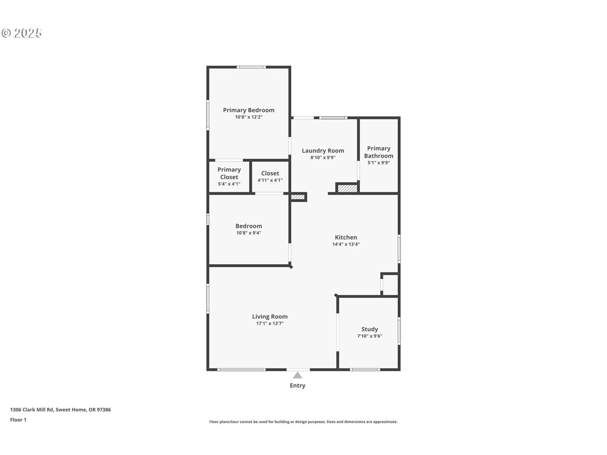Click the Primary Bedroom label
coord(248,110)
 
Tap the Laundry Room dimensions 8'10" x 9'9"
coord(323,157)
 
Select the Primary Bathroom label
coord(379,152)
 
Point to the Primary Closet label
coord(229,173)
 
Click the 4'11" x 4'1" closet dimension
coord(270,180)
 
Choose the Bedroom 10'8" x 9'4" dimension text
coord(248,233)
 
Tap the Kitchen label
coord(346,237)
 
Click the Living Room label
coord(270,317)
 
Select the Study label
coord(370,329)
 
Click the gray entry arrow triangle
coord(297,375)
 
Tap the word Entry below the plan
coord(297,386)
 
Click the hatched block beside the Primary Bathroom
coord(348,188)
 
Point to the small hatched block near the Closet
coord(298,197)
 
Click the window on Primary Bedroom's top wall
coord(251,67)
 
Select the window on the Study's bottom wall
coord(365,370)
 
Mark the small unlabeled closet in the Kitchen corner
coord(390,285)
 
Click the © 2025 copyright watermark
coord(22,33)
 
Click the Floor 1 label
coord(18,420)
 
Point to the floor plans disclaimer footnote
coord(303,422)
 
